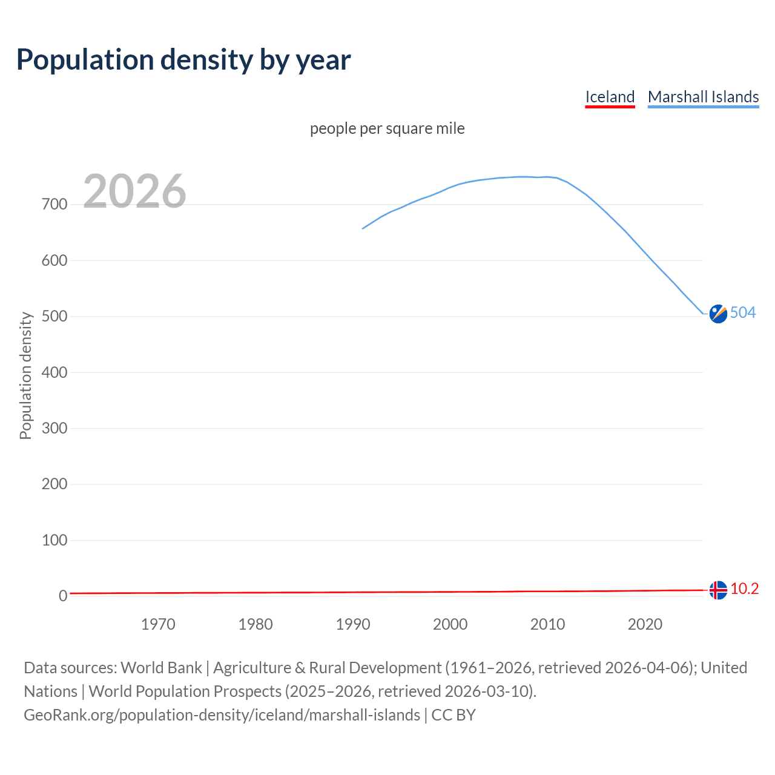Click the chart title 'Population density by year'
tap(183, 59)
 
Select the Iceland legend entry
tap(610, 97)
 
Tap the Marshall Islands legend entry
tap(703, 97)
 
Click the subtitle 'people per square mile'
tap(387, 128)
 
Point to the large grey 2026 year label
tap(134, 191)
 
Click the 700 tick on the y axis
tap(54, 205)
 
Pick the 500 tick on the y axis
tap(54, 317)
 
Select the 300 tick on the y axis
tap(54, 429)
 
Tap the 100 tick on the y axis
tap(54, 540)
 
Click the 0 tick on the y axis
tap(63, 596)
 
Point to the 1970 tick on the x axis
tap(158, 624)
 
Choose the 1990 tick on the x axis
tap(353, 624)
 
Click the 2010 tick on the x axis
tap(547, 624)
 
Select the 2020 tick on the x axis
tap(645, 624)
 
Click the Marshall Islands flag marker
tap(718, 314)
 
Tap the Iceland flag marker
tap(718, 590)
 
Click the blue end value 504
tap(743, 312)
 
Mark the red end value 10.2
tap(744, 589)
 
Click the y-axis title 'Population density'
tap(25, 375)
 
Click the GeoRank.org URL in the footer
tap(222, 715)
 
